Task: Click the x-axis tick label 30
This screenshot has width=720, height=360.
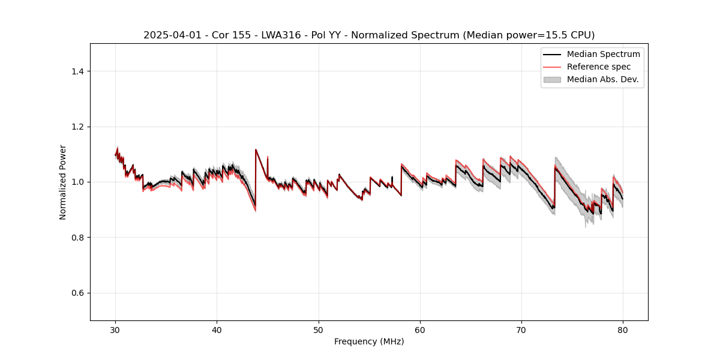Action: point(116,330)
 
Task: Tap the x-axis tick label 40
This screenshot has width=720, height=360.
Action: point(217,330)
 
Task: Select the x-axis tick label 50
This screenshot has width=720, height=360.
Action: point(319,330)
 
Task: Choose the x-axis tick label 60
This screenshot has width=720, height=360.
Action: point(420,330)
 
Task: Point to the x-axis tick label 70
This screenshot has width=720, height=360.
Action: point(521,330)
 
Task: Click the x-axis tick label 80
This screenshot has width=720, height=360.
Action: point(623,330)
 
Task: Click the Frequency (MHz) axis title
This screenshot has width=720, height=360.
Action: point(369,341)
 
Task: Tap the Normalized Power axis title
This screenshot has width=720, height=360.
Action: point(63,182)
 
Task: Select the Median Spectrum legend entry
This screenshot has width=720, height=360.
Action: point(603,54)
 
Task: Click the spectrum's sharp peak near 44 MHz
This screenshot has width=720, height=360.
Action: point(256,149)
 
